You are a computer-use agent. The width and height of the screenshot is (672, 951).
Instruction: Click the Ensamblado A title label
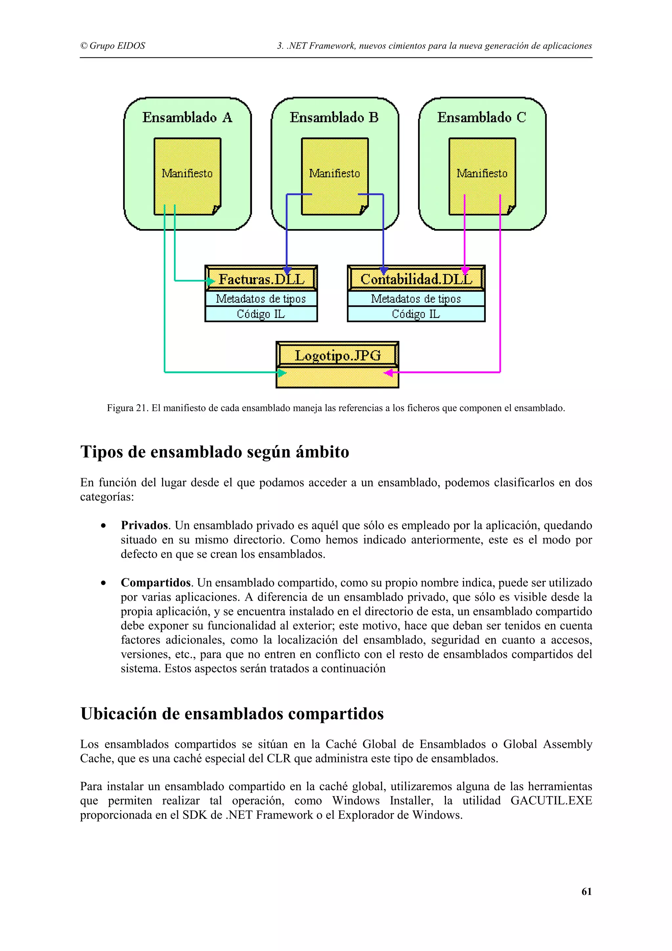[x=187, y=117]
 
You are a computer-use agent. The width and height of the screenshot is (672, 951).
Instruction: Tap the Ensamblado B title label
[x=334, y=117]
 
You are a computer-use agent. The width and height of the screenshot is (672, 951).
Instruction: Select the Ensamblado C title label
[x=482, y=117]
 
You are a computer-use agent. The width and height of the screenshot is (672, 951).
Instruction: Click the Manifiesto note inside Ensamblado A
[x=187, y=174]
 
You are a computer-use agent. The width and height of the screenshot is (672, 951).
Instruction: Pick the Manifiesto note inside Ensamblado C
[x=482, y=174]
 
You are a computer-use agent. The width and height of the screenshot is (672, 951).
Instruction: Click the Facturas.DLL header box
[x=261, y=279]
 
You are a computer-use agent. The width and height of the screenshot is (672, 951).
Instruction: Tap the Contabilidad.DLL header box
[x=416, y=279]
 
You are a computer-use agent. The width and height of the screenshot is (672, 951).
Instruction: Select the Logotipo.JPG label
[x=337, y=355]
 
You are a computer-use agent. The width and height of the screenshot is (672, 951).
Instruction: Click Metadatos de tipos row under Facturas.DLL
[x=261, y=299]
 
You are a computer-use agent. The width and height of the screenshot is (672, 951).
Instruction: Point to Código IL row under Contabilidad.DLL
[x=416, y=314]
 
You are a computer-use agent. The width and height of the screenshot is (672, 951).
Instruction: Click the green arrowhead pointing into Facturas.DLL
[x=211, y=281]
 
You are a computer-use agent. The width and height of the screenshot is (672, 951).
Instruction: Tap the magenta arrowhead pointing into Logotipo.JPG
[x=388, y=373]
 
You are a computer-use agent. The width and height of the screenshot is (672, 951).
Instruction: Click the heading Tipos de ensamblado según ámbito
[x=215, y=452]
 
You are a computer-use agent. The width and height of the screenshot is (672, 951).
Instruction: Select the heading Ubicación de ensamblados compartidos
[x=232, y=714]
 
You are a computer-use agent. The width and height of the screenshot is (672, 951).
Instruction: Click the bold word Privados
[x=144, y=525]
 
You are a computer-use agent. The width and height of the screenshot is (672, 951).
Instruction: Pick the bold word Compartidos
[x=156, y=582]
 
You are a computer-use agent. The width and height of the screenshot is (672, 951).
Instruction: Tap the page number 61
[x=586, y=891]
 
